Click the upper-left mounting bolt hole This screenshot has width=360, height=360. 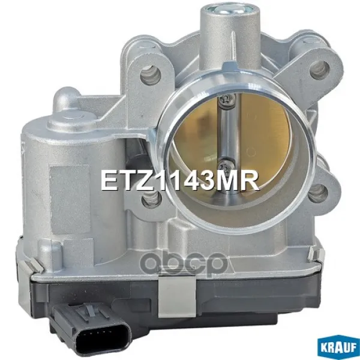coord(150,74)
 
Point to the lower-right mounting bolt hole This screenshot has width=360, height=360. coord(317,193)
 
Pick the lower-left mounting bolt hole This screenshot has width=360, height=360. coord(151,199)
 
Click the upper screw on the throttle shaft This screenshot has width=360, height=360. coord(227,100)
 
